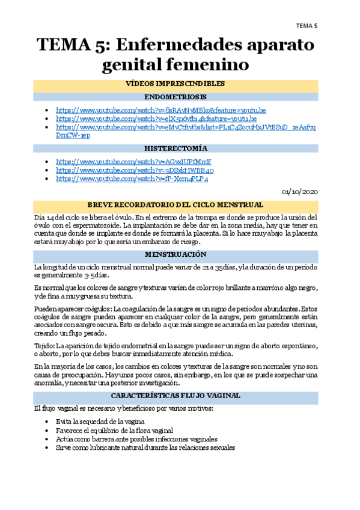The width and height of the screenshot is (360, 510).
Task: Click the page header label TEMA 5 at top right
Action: [x=307, y=25]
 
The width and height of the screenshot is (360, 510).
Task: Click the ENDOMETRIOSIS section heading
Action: [x=175, y=96]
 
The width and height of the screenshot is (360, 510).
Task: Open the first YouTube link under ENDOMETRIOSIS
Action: [x=160, y=110]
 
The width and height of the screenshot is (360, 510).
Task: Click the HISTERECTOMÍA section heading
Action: [x=175, y=148]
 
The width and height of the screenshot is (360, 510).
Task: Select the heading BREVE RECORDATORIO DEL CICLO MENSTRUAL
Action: [x=175, y=204]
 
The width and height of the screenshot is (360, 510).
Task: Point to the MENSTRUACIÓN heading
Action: [x=175, y=254]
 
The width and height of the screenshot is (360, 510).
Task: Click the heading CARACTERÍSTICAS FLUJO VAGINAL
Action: [x=175, y=396]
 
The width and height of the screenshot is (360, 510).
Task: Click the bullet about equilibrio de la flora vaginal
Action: [x=114, y=430]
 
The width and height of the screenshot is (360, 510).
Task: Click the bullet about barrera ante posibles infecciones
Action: [x=136, y=439]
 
